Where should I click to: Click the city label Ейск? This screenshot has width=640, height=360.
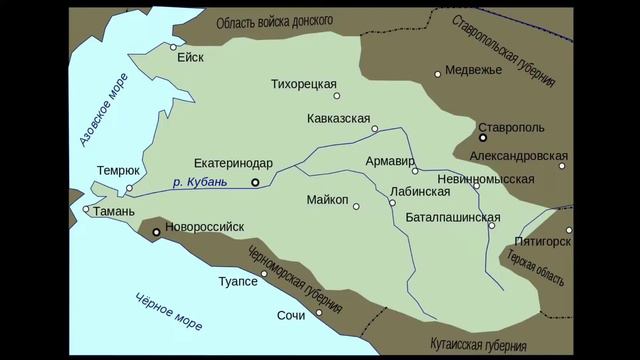coord(190,57)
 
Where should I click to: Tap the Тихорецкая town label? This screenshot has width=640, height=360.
coord(303,84)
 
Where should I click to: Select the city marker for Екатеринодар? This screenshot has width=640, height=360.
coord(255,182)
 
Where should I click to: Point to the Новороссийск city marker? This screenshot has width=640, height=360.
coord(156,232)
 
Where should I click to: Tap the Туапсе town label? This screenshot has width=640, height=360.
coord(238,282)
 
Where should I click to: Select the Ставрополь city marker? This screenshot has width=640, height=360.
coord(482,138)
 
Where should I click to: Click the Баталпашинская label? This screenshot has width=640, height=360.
coord(453,216)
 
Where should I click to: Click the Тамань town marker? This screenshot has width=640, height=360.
coord(87,210)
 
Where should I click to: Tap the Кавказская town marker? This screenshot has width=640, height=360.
coord(374,129)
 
